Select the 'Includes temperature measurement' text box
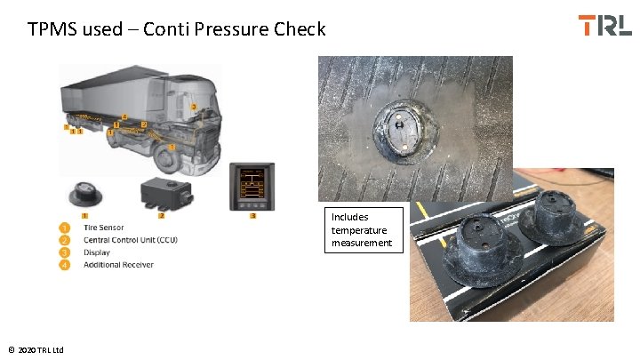[363, 229]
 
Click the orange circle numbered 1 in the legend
[65, 228]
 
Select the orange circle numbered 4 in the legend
[65, 264]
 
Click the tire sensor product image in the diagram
[85, 193]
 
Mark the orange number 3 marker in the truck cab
[194, 108]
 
